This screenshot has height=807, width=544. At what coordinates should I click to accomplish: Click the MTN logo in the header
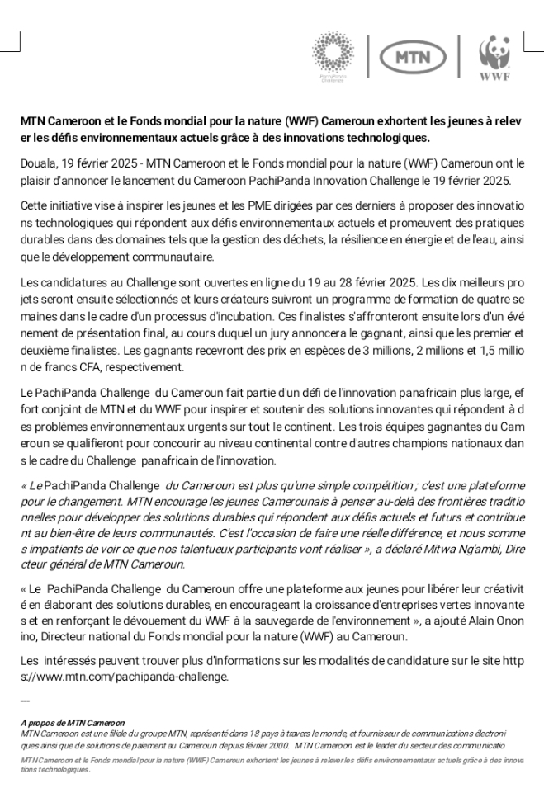pyautogui.click(x=412, y=57)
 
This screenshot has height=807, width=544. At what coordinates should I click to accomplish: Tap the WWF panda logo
pyautogui.click(x=494, y=58)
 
